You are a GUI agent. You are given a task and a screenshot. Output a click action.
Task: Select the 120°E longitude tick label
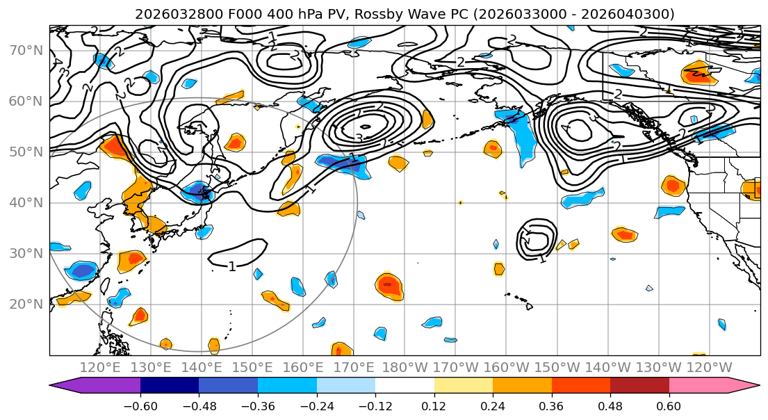[x=100, y=367]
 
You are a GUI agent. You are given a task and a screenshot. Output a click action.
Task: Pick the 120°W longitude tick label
[x=710, y=367]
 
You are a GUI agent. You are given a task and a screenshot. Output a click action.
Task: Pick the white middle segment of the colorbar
[x=405, y=386]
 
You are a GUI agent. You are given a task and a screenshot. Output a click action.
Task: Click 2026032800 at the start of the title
[x=170, y=14]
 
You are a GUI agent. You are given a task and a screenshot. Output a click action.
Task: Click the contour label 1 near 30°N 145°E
[x=232, y=266]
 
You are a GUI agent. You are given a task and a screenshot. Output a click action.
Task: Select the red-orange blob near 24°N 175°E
[x=389, y=285]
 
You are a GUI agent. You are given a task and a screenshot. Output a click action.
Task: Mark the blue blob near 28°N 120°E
[x=82, y=270]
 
